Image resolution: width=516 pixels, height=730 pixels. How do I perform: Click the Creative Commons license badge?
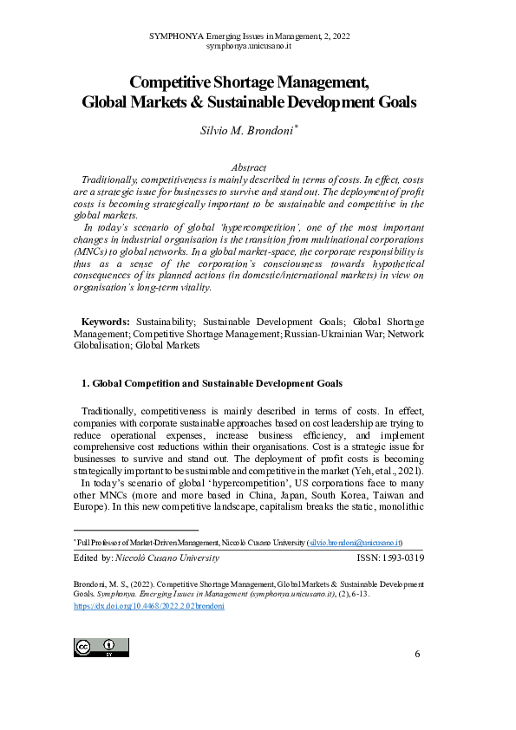click(x=101, y=647)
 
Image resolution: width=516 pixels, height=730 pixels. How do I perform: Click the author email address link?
click(x=354, y=541)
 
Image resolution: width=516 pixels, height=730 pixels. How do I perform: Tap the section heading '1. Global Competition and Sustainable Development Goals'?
click(x=211, y=382)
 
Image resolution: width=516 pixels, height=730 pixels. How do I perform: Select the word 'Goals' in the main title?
click(x=395, y=101)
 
